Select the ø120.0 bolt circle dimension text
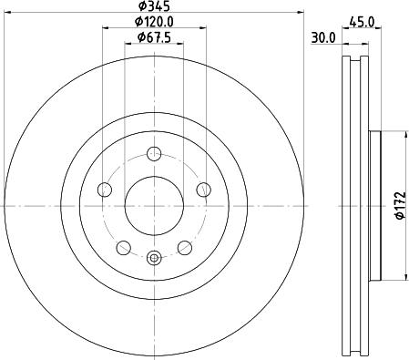(154, 22)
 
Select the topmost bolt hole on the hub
(153, 153)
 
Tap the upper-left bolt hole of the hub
(104, 190)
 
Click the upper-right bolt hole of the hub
(202, 190)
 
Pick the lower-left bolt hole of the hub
(122, 247)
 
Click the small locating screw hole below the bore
(153, 258)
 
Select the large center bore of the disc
(153, 206)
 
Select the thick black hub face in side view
(373, 206)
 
